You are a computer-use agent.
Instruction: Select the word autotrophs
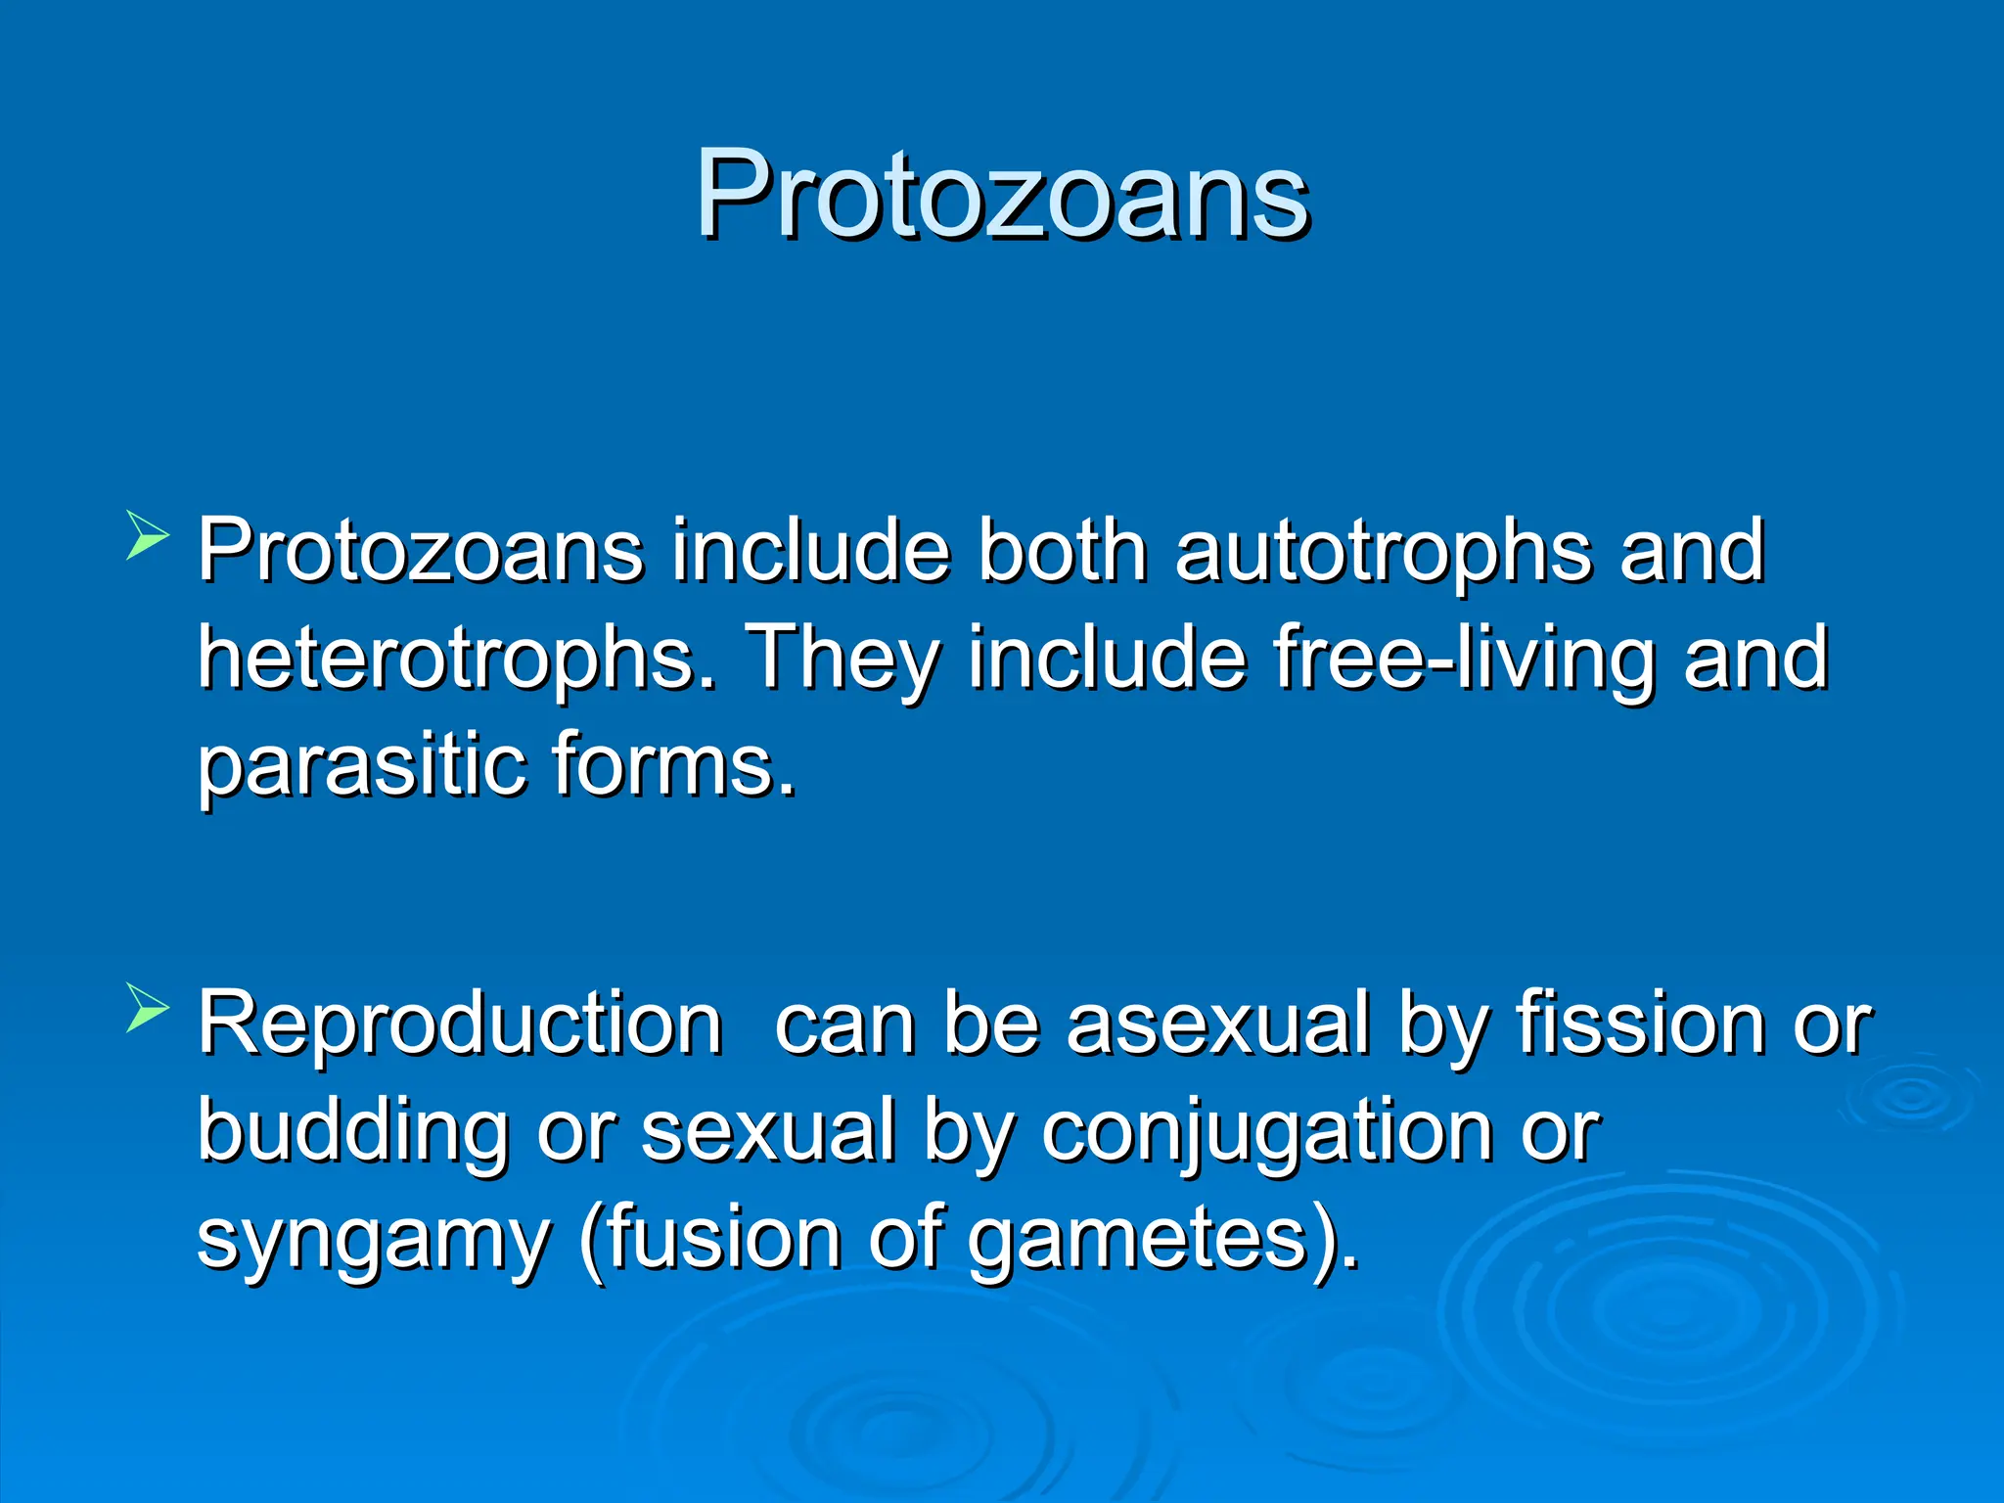[x=1384, y=553]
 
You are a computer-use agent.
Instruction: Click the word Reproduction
[x=460, y=1024]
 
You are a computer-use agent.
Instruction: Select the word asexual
[x=1217, y=1025]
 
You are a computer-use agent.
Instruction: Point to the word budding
[x=353, y=1132]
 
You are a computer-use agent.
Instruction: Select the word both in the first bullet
[x=1063, y=552]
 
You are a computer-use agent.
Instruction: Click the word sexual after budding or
[x=768, y=1131]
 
